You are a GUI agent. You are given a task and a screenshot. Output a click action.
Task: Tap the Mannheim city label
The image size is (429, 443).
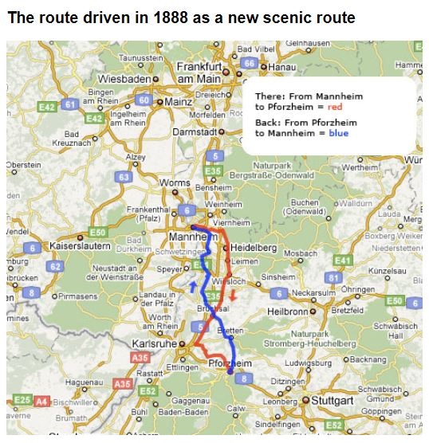[x=190, y=237]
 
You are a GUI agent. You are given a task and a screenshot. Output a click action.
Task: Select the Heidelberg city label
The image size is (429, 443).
[x=254, y=248]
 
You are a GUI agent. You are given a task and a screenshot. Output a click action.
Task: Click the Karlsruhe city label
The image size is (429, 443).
[x=154, y=343]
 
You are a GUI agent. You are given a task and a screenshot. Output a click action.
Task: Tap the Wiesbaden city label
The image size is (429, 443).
[x=124, y=80]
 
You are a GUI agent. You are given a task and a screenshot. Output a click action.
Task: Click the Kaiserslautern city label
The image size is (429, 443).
[x=78, y=247]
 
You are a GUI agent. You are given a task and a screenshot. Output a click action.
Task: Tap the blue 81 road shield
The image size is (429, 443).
[x=334, y=276]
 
